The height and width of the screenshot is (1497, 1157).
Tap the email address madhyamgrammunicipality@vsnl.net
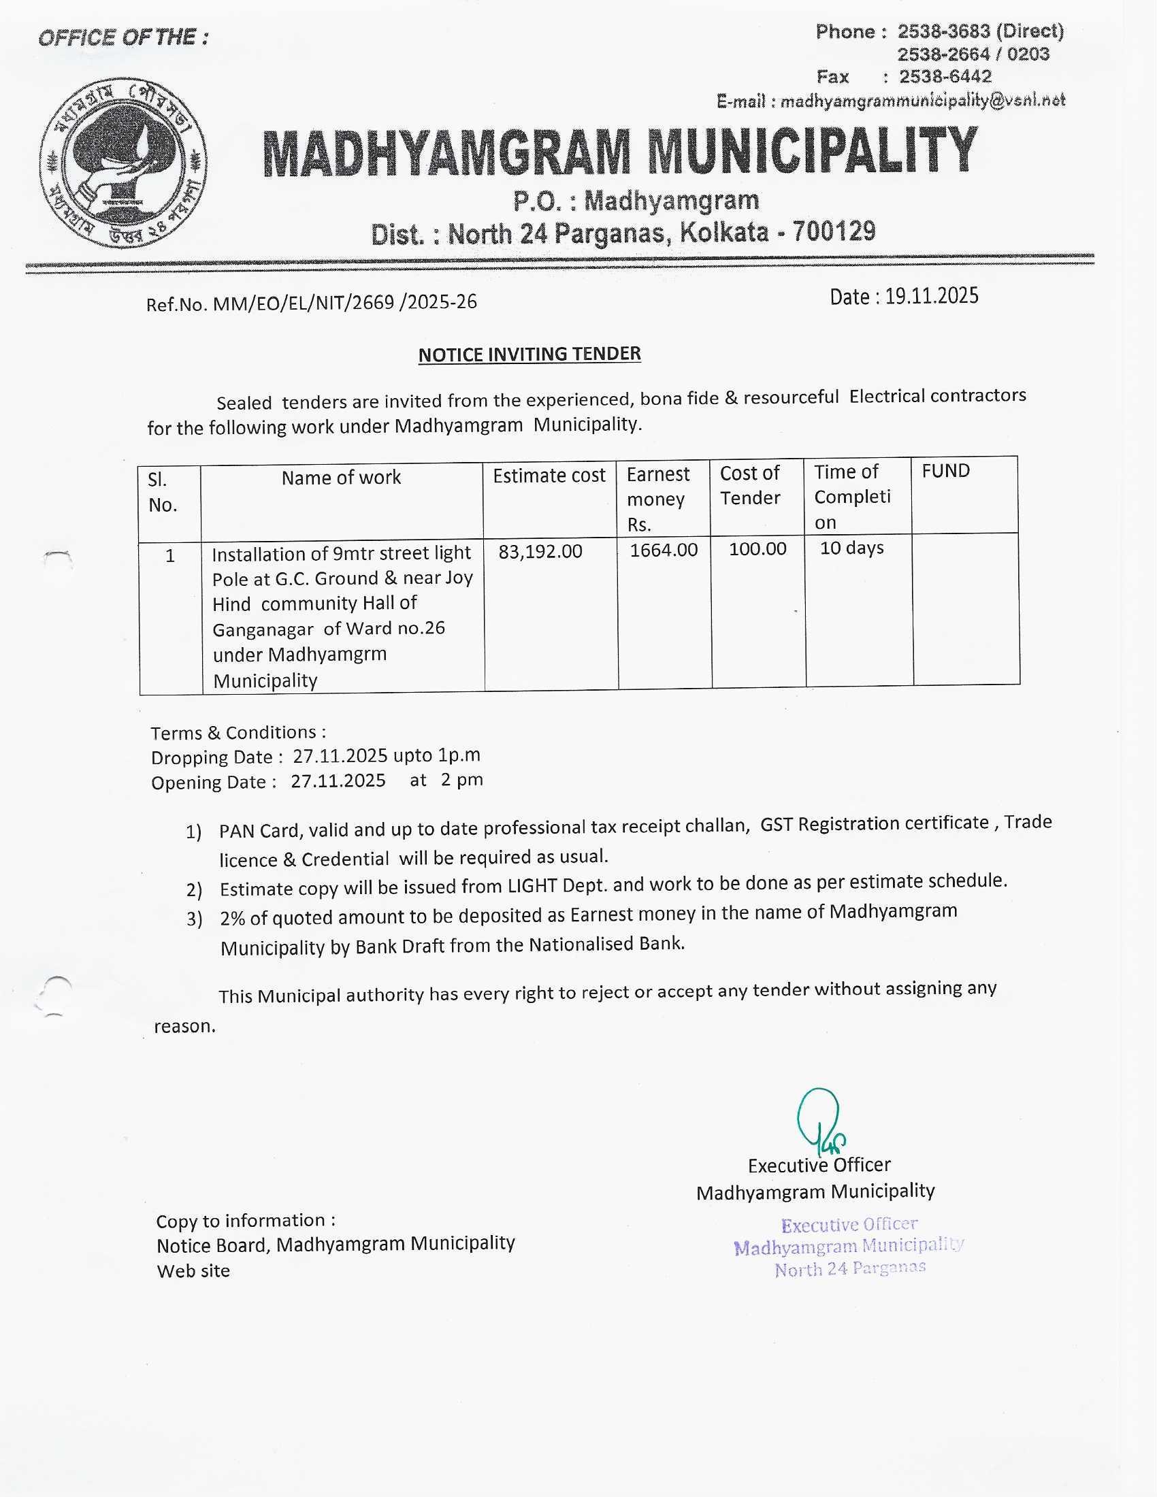tap(923, 101)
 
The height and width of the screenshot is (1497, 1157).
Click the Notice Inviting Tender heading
tap(529, 355)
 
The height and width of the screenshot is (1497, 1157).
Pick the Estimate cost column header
tap(549, 476)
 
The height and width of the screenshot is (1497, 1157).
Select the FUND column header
tap(945, 471)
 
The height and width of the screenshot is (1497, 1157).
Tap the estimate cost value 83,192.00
tap(540, 551)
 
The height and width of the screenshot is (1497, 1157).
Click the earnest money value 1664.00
tap(664, 550)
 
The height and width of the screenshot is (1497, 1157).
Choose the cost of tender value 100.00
tap(757, 548)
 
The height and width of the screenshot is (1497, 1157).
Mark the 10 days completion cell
tap(851, 548)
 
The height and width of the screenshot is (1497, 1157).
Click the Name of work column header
tap(341, 477)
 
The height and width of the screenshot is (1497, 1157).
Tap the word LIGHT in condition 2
tap(532, 885)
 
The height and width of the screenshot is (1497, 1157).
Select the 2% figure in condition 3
tap(232, 918)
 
